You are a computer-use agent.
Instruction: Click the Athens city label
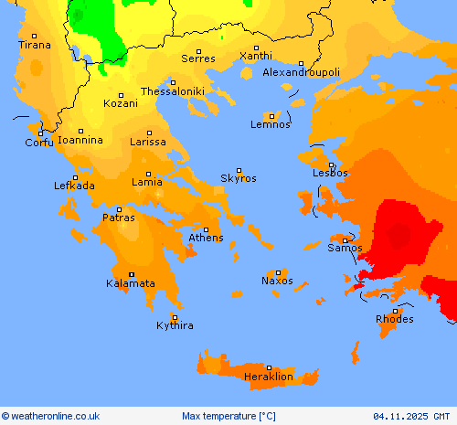pyautogui.click(x=206, y=238)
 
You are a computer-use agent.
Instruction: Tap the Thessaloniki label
pyautogui.click(x=172, y=91)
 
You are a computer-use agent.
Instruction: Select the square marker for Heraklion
pyautogui.click(x=269, y=367)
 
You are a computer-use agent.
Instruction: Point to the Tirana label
pyautogui.click(x=35, y=44)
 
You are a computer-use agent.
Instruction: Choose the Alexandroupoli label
pyautogui.click(x=301, y=71)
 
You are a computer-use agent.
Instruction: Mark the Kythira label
pyautogui.click(x=175, y=325)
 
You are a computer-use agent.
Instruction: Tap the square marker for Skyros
pyautogui.click(x=239, y=170)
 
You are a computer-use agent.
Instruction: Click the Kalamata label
pyautogui.click(x=131, y=283)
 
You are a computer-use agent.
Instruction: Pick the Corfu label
pyautogui.click(x=39, y=143)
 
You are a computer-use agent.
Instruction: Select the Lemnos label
pyautogui.click(x=271, y=124)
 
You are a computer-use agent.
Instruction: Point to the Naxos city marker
pyautogui.click(x=278, y=272)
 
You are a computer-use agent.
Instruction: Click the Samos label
pyautogui.click(x=345, y=248)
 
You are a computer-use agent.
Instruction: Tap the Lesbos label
pyautogui.click(x=330, y=172)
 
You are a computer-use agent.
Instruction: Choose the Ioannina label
pyautogui.click(x=80, y=140)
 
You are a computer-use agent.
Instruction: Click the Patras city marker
pyautogui.click(x=119, y=209)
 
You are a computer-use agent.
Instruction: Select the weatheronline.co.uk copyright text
pyautogui.click(x=50, y=416)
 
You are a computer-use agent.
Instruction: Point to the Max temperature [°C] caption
pyautogui.click(x=228, y=416)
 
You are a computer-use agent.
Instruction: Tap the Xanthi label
pyautogui.click(x=255, y=56)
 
